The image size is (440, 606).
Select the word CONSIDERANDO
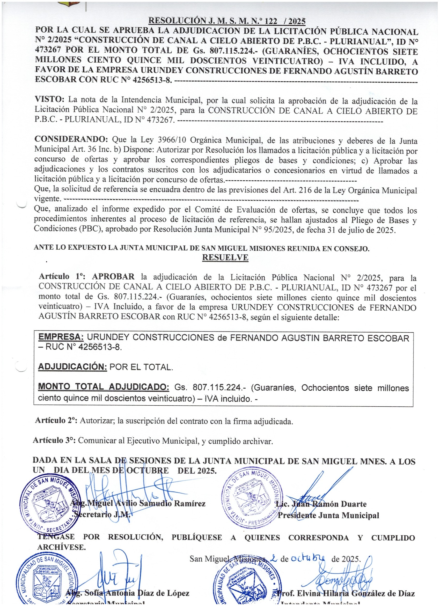[71, 139]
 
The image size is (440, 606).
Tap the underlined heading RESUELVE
[225, 258]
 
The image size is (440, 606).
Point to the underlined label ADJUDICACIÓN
[72, 367]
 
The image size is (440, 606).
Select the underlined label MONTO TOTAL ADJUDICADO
[104, 387]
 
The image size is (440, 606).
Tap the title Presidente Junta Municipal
[328, 516]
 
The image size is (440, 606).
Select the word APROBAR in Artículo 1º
[113, 277]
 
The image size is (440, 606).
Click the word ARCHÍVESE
[61, 547]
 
